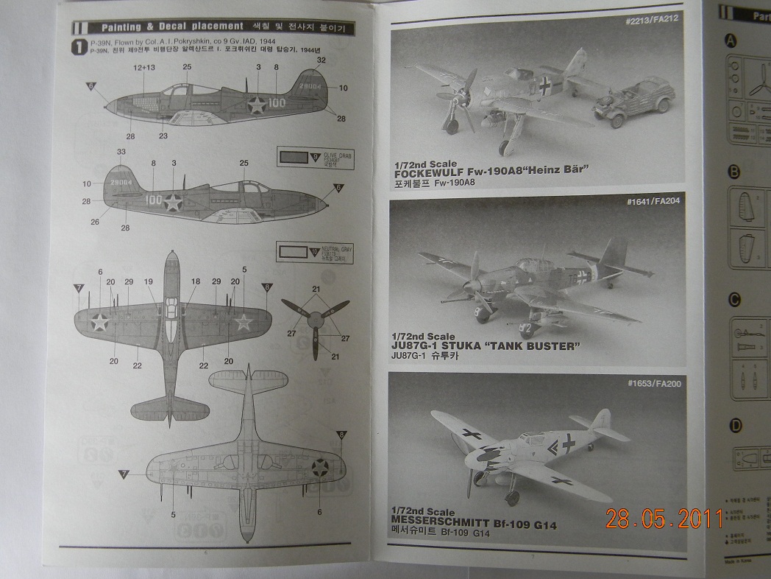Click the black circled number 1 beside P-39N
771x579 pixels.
pos(79,47)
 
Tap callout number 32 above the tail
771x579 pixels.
pos(321,60)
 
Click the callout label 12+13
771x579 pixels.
pos(144,68)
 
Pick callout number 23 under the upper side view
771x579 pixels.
pos(163,136)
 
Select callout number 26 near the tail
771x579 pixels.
pos(96,221)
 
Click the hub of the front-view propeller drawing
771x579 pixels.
pos(316,319)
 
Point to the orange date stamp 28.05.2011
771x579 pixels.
pos(664,519)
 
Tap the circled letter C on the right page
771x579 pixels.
pos(733,299)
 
